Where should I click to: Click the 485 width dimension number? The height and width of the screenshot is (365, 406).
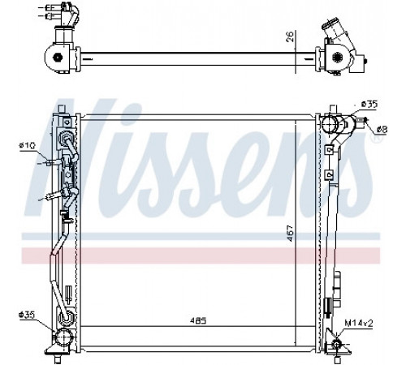pos(198,320)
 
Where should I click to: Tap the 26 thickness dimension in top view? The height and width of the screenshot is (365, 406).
pos(290,36)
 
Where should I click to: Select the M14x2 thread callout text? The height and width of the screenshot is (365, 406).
pos(359,323)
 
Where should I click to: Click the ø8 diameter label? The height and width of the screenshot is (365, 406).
pos(382,130)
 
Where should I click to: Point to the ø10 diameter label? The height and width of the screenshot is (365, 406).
pos(27,146)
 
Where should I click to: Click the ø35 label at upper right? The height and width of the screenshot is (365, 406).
pos(369,105)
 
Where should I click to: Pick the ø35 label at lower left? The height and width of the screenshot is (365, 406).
pos(27,315)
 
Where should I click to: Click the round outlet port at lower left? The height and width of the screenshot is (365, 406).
pos(63,337)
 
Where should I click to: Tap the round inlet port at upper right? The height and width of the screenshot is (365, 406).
pos(329,124)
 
